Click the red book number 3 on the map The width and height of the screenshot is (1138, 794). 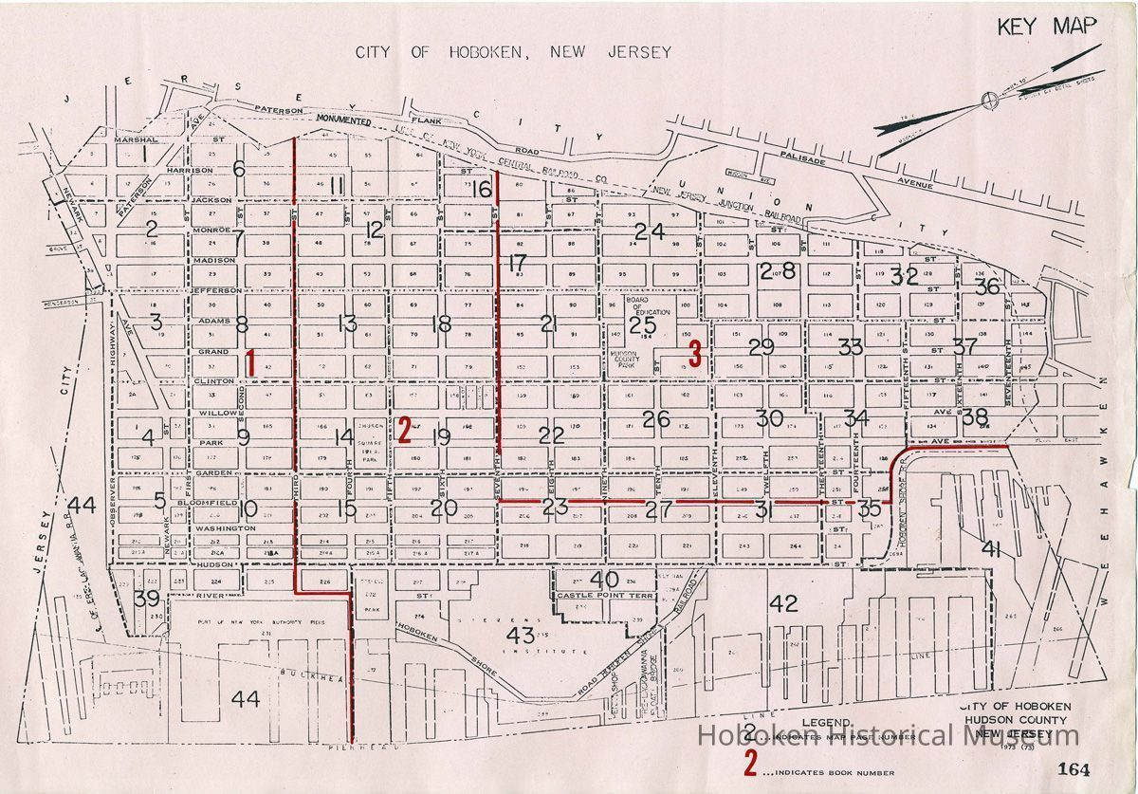(x=695, y=354)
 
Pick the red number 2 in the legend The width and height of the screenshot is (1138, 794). (x=751, y=763)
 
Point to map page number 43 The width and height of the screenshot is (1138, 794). (x=521, y=634)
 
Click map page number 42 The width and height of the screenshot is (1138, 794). (x=783, y=603)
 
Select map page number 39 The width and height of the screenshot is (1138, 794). (x=146, y=599)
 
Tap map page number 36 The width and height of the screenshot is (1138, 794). (x=987, y=286)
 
